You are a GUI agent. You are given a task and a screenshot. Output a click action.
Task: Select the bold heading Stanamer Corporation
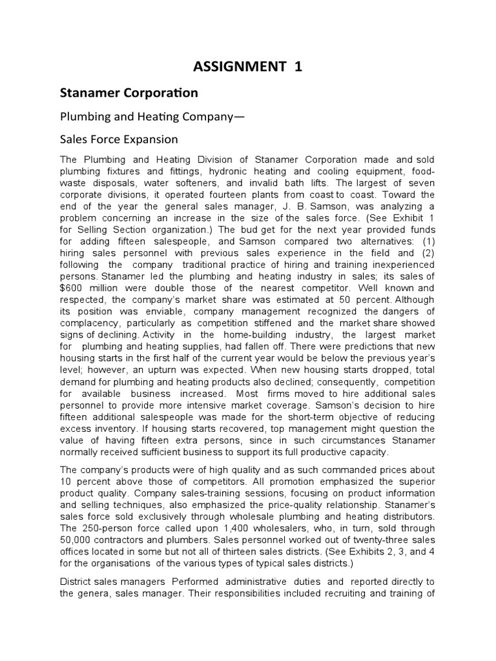tap(129, 93)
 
